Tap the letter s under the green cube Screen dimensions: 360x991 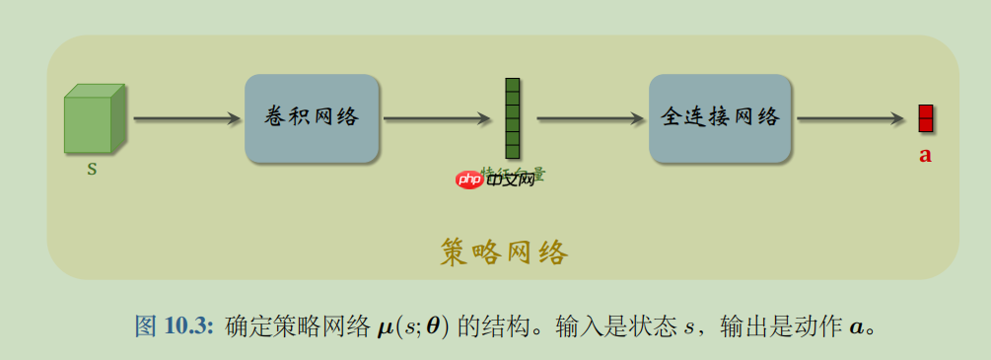tap(93, 168)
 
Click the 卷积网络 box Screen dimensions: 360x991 tap(312, 118)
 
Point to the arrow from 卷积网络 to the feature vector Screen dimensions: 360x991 tap(437, 119)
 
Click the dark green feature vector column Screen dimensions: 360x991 tap(512, 118)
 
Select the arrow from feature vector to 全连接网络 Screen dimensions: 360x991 tap(590, 119)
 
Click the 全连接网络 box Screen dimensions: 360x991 tap(720, 118)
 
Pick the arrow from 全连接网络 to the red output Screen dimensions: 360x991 tap(850, 119)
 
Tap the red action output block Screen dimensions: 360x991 tap(925, 118)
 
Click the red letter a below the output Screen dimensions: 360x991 tap(925, 155)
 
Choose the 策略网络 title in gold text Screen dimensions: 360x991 tap(503, 253)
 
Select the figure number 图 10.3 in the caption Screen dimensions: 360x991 tap(174, 326)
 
